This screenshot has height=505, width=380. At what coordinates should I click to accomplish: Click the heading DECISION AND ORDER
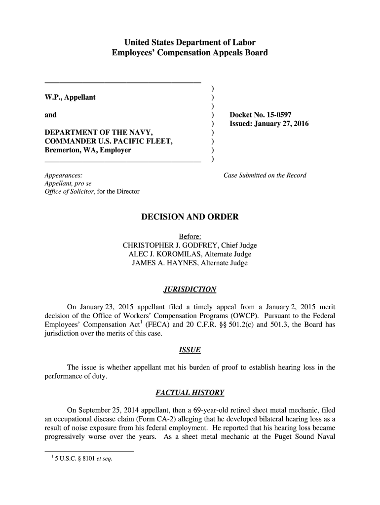(x=190, y=217)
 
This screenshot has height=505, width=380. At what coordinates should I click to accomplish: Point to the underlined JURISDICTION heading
(x=190, y=289)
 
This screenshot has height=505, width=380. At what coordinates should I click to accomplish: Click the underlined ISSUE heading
(x=190, y=350)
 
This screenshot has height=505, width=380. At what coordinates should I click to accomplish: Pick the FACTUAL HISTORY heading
(x=190, y=393)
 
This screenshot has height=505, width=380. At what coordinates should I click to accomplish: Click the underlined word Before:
(x=190, y=237)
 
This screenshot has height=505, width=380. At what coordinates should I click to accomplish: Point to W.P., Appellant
(x=70, y=97)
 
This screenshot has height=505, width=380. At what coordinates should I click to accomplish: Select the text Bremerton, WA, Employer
(x=88, y=150)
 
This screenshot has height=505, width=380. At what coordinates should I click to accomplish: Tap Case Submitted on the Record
(x=265, y=175)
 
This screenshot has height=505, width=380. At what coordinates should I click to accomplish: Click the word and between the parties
(x=51, y=115)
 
